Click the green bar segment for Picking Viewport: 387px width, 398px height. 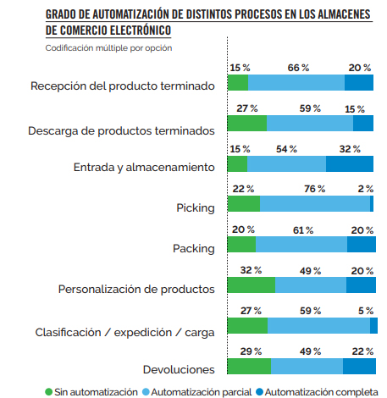tap(244, 204)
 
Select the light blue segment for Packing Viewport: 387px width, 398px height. tap(301, 245)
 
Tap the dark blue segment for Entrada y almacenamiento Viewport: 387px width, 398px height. tap(350, 163)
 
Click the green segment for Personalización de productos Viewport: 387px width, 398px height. tap(252, 285)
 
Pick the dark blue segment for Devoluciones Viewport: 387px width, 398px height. tap(359, 366)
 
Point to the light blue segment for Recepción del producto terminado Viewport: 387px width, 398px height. tap(296, 83)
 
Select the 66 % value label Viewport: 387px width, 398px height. tap(298, 68)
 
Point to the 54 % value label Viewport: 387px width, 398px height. tap(287, 149)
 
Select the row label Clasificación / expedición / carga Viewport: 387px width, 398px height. tap(123, 331)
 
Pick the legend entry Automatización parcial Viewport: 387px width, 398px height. tap(200, 391)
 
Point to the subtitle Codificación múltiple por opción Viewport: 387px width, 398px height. tap(108, 47)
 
